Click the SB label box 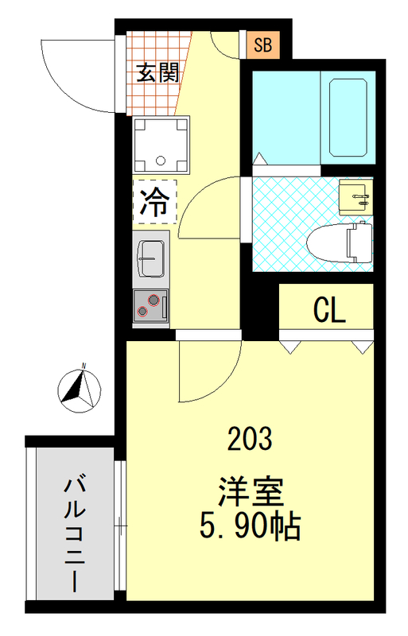click(262, 45)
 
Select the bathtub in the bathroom click(348, 116)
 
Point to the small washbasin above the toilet click(355, 197)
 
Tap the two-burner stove click(150, 304)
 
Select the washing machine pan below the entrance click(164, 145)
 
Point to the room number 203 click(249, 438)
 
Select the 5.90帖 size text click(249, 525)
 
